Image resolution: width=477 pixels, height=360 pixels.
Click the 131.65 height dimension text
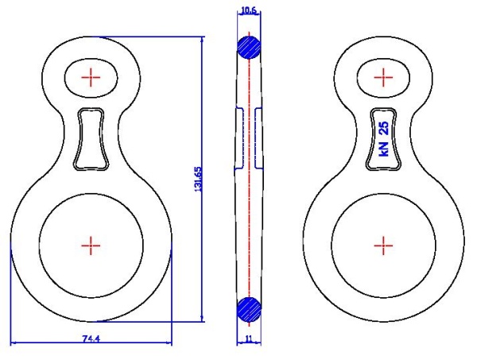[198, 179]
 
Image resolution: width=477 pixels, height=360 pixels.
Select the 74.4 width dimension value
[91, 339]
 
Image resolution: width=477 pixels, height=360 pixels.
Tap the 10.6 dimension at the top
[249, 10]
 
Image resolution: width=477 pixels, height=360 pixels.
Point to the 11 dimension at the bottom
[249, 339]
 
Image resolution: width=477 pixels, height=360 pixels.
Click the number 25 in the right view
[384, 128]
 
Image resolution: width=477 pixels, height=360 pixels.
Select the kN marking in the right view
[384, 149]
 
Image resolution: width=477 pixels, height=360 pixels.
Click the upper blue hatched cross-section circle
[249, 48]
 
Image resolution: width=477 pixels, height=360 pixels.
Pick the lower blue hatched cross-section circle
[249, 309]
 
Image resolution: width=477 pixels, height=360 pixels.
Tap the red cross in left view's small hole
[91, 78]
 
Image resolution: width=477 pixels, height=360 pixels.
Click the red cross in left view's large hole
[91, 246]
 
